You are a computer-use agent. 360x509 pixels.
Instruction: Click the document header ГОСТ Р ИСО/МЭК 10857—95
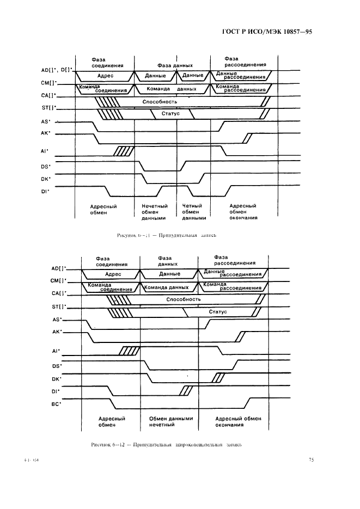(269, 32)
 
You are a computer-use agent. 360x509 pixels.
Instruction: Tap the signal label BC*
(56, 403)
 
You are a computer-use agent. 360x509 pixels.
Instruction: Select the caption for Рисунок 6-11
(167, 235)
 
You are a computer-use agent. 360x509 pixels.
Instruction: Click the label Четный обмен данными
(194, 212)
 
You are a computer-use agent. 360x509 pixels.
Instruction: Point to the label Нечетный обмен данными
(155, 212)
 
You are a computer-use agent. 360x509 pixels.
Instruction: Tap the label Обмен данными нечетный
(171, 422)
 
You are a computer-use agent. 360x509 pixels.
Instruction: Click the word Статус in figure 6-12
(218, 312)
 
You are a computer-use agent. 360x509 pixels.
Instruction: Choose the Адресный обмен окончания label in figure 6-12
(238, 422)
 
